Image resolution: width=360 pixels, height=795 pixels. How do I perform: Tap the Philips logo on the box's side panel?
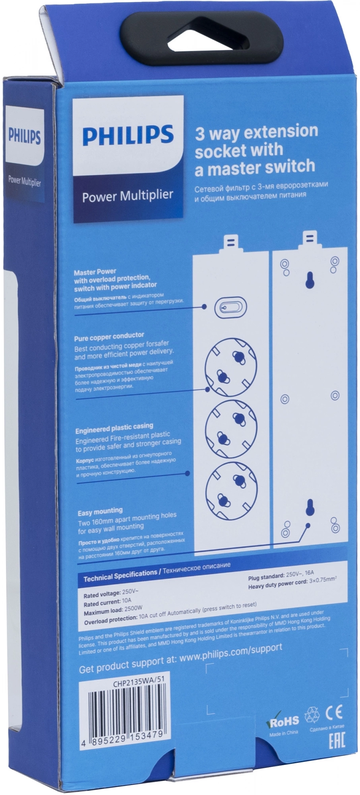tap(25, 136)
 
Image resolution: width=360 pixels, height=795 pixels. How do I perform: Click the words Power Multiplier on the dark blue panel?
tap(128, 196)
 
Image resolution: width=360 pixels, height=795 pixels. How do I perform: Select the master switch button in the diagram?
tap(230, 307)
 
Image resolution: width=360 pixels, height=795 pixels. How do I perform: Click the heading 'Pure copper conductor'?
tap(109, 337)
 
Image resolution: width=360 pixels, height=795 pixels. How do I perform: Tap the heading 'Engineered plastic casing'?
tap(114, 428)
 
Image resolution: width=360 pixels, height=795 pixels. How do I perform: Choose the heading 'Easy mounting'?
tap(100, 512)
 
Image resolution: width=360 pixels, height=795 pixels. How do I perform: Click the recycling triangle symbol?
tap(312, 715)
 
